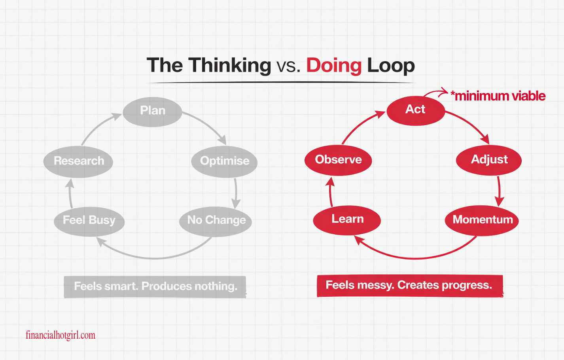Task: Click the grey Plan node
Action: pos(152,112)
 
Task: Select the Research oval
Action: pos(78,161)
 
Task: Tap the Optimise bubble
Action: pos(224,161)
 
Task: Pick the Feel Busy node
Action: pos(89,221)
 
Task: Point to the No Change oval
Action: pos(216,221)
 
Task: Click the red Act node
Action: pos(416,110)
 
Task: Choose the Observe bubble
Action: pos(338,160)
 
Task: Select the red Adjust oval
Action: pos(489,160)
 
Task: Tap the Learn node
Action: pos(347,220)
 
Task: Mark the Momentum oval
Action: pos(482,220)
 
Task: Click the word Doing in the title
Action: pos(334,65)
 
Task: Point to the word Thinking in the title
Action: pos(229,65)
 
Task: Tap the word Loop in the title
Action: pos(391,65)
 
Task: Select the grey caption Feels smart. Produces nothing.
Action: pos(155,286)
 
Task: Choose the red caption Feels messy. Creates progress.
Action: pos(409,286)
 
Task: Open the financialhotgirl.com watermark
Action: pos(61,335)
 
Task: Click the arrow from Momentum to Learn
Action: pos(415,258)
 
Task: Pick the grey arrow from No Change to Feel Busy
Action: pos(154,258)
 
